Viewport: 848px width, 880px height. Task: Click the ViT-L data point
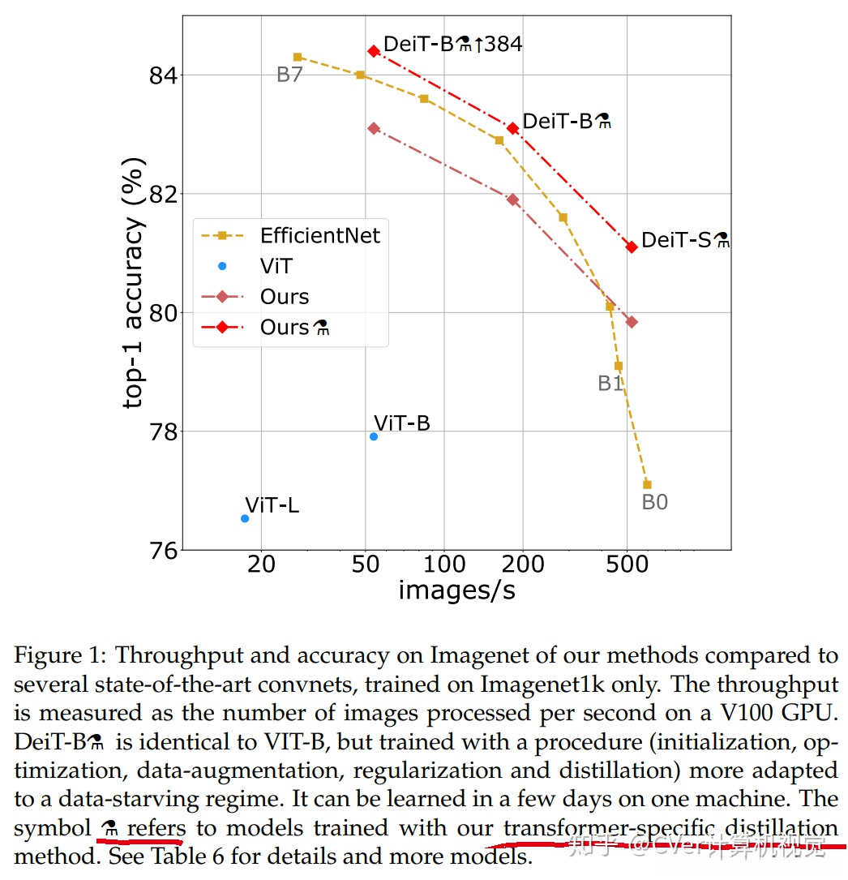click(x=245, y=518)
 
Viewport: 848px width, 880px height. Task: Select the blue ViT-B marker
click(x=374, y=436)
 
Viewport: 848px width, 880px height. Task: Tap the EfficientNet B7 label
click(x=289, y=75)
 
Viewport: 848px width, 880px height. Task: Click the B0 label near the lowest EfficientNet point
click(x=655, y=502)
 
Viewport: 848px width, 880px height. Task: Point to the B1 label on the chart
click(x=610, y=384)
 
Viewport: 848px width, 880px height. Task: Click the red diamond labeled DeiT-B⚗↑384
click(x=374, y=50)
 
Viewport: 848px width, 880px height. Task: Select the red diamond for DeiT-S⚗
click(x=632, y=247)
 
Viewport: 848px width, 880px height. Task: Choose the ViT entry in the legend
click(x=276, y=266)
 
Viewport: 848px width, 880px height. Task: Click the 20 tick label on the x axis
click(x=262, y=563)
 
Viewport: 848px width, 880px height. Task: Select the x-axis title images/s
click(x=456, y=590)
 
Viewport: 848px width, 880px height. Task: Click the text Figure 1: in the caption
click(x=65, y=656)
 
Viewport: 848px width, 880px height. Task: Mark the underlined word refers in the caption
click(x=156, y=828)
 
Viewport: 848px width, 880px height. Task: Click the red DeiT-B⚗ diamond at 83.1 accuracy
click(x=512, y=128)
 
